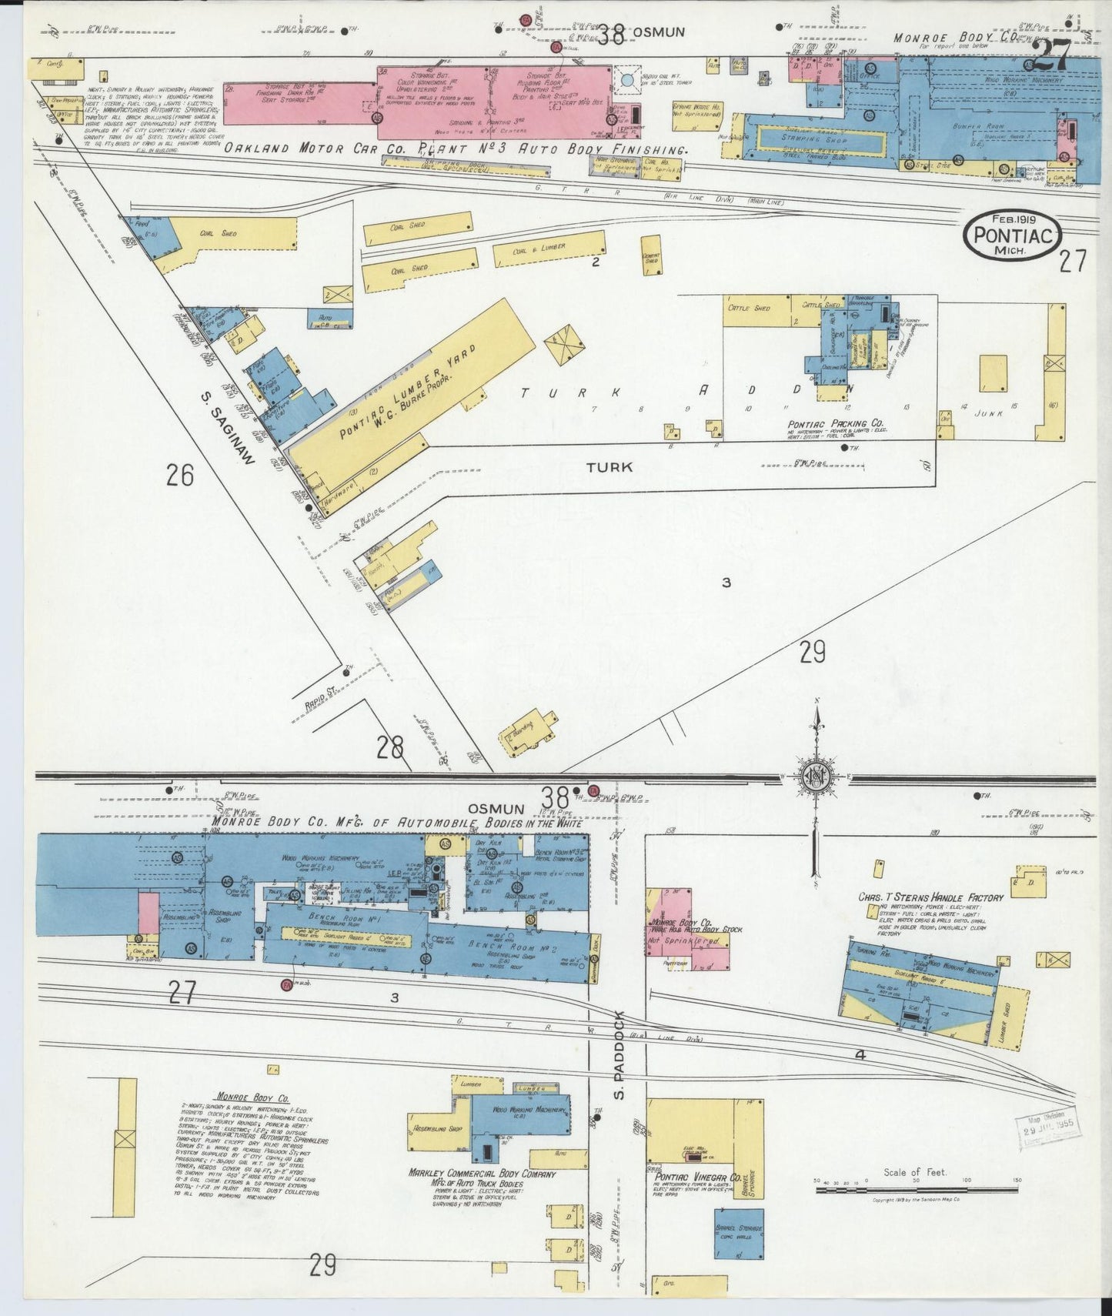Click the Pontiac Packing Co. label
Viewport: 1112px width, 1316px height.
(835, 424)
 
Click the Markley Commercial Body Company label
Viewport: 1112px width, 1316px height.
(483, 1175)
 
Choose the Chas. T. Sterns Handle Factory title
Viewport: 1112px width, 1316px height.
(931, 897)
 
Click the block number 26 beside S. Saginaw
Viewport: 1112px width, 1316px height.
(179, 475)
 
